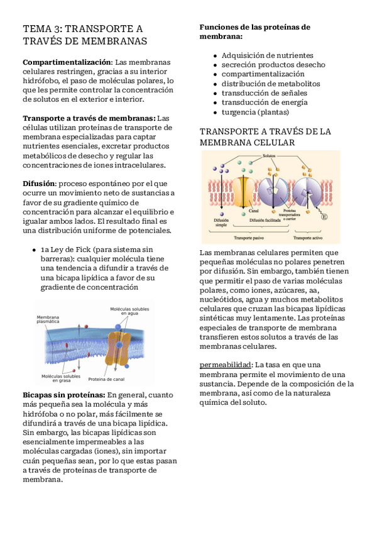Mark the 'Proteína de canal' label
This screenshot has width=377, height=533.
(106, 379)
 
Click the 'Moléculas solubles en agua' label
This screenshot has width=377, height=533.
(129, 311)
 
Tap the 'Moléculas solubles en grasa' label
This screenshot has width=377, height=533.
(61, 378)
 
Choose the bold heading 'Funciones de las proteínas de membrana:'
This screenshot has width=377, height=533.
(254, 31)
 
